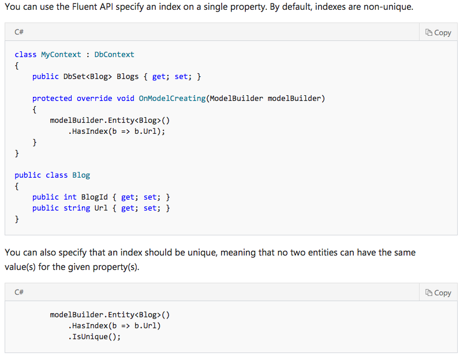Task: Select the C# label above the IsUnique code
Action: tap(19, 293)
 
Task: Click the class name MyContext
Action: tap(61, 54)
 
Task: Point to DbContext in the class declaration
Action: tap(114, 54)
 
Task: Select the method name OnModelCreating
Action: tap(172, 98)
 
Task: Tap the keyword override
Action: tap(95, 98)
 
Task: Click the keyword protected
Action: tap(52, 98)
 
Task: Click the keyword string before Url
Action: tap(77, 208)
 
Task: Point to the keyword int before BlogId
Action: tap(70, 197)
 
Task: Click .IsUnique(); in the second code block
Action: tap(95, 337)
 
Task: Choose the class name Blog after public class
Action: tap(81, 175)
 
